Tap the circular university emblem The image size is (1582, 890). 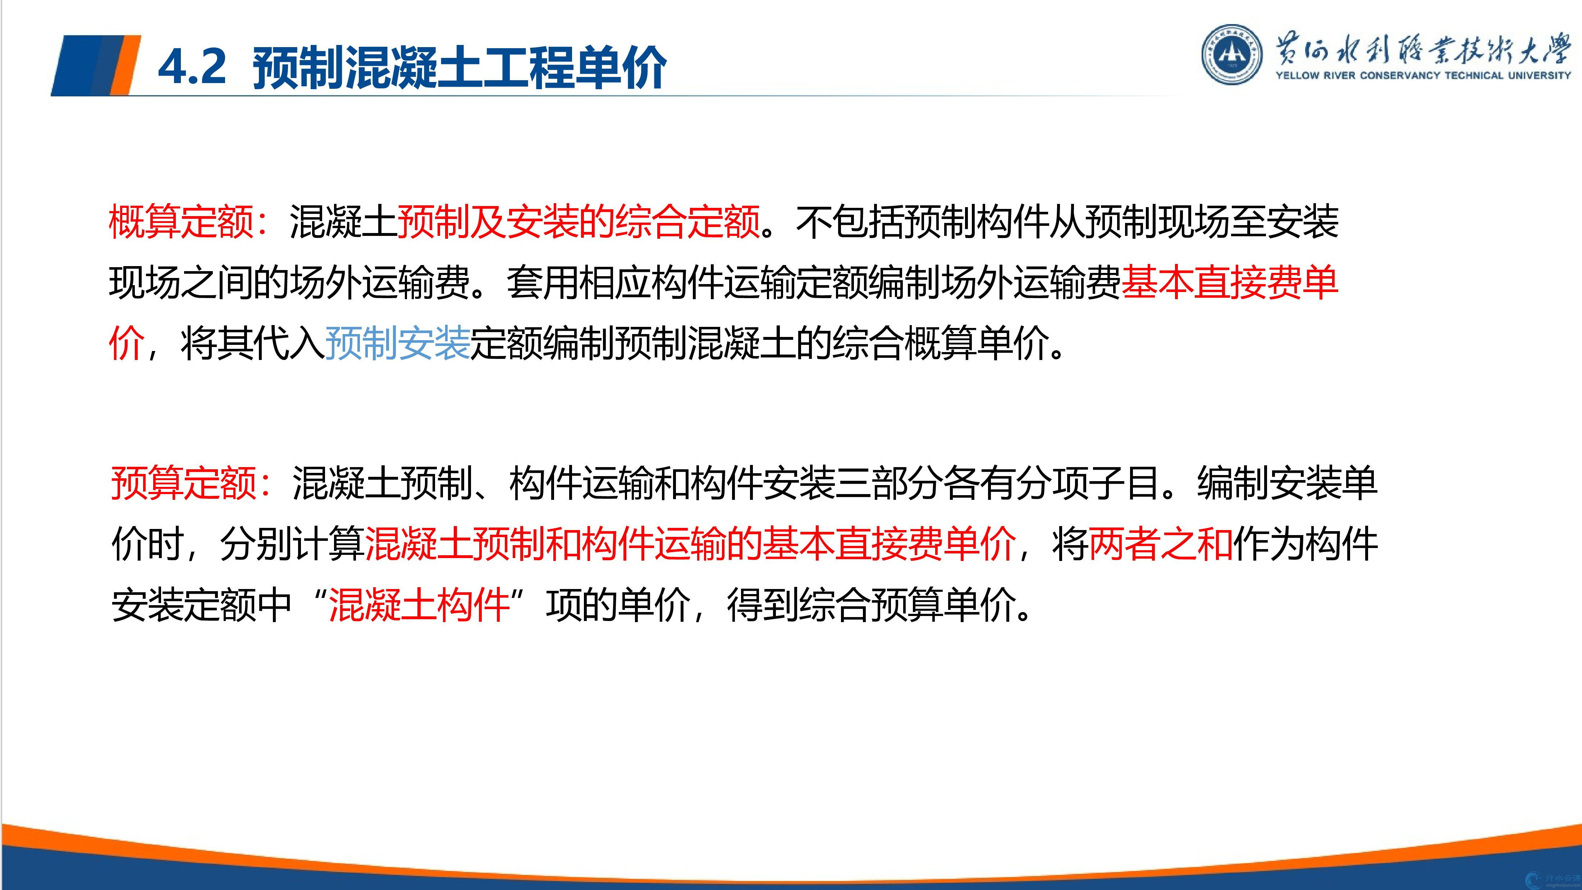(x=1232, y=54)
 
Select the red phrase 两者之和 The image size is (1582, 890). (x=1161, y=544)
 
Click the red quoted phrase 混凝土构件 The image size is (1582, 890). (x=420, y=605)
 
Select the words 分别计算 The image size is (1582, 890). (x=292, y=544)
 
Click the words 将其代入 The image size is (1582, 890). (x=252, y=343)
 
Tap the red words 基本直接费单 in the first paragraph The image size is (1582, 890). (x=1230, y=283)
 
